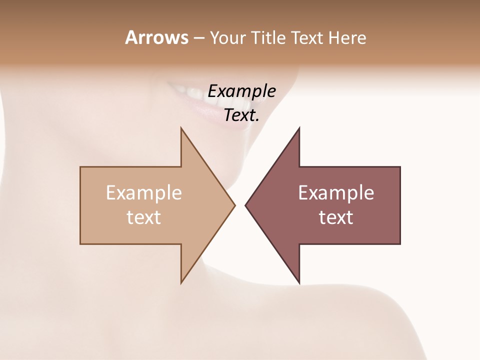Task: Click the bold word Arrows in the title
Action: (156, 37)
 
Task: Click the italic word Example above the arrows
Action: (241, 91)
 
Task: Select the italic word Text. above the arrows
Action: (241, 115)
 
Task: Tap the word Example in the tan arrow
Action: (143, 192)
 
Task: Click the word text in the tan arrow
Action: (143, 217)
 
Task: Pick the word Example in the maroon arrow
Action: (336, 192)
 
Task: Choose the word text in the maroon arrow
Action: (336, 217)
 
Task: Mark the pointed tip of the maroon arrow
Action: (246, 205)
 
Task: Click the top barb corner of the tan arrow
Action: (181, 129)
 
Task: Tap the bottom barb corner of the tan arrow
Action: (181, 282)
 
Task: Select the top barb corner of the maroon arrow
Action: (299, 129)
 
